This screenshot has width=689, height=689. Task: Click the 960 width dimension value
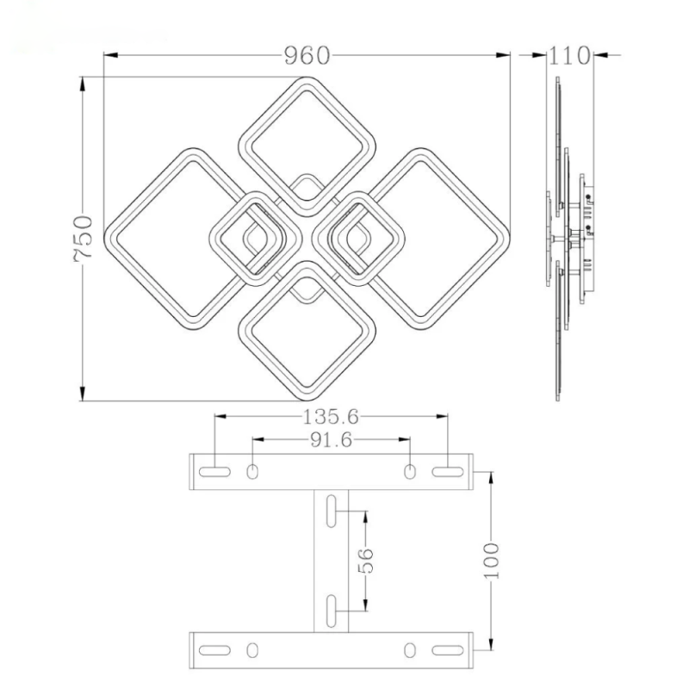(x=307, y=56)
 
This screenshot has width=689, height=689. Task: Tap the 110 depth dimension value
(x=569, y=56)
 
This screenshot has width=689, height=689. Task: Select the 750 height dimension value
(x=82, y=240)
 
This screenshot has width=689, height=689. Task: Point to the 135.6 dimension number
(x=331, y=417)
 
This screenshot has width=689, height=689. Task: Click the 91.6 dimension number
(x=331, y=441)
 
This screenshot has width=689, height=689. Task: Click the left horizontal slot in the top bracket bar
(x=215, y=471)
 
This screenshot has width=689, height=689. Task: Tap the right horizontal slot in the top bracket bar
(x=446, y=471)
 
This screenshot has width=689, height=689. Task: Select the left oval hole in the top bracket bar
(x=253, y=471)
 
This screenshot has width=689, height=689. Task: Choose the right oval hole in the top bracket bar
(x=410, y=471)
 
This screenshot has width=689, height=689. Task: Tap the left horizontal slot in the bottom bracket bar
(x=215, y=649)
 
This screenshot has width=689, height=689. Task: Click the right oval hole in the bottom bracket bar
(x=410, y=649)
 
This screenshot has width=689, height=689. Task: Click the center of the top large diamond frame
(x=306, y=143)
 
